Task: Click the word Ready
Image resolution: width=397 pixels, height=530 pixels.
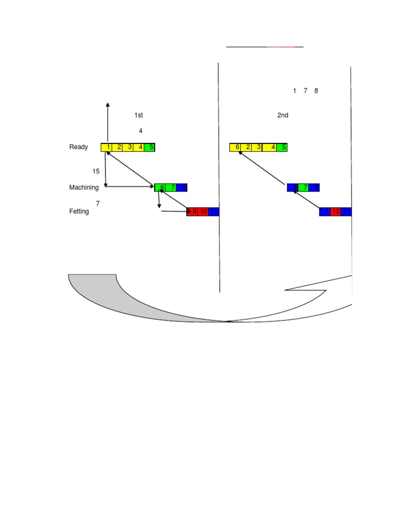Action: [79, 147]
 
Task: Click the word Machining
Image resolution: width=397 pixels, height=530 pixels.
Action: [84, 187]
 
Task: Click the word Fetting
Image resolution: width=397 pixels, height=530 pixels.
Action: [79, 211]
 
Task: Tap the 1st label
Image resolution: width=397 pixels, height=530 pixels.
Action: [139, 115]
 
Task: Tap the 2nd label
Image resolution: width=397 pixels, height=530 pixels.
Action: [283, 115]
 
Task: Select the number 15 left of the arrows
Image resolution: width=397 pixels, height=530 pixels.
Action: [96, 171]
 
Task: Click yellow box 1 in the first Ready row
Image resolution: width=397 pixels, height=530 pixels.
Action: [106, 147]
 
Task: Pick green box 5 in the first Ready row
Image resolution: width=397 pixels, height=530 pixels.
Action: [150, 147]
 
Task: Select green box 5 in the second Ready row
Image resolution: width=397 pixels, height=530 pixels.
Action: [283, 147]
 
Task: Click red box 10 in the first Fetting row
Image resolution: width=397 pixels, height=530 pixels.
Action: [203, 211]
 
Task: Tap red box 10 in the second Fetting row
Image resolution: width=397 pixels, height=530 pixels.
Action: [336, 211]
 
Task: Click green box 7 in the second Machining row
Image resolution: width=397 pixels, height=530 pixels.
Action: [304, 187]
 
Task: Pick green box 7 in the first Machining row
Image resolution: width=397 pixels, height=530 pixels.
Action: [172, 187]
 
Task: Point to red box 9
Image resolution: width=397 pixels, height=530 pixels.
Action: [193, 211]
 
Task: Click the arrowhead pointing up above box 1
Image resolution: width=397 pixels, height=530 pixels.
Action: [108, 105]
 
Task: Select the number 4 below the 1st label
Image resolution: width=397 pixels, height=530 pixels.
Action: [141, 131]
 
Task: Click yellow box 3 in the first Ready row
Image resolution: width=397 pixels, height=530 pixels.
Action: [129, 147]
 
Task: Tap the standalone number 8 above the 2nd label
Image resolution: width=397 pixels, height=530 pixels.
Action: [316, 91]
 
